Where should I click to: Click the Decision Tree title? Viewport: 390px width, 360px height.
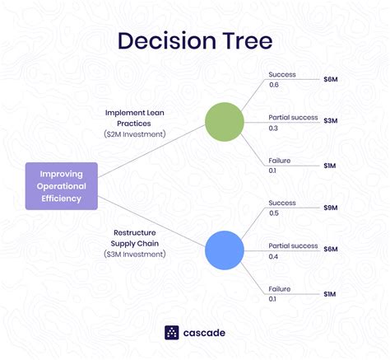194,41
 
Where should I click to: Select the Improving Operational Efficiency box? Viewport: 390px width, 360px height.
62,185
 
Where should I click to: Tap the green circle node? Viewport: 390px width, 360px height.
225,121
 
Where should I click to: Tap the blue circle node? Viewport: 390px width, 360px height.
225,250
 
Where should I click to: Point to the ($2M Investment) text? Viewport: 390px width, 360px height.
136,133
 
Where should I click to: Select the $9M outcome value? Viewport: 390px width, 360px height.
329,208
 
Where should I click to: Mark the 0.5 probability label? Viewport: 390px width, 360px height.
275,214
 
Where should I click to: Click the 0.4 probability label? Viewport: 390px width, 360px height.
275,256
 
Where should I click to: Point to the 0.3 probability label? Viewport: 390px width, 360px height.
275,128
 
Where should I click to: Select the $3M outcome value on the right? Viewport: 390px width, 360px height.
329,121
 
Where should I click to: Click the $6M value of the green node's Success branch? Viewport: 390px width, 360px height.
329,81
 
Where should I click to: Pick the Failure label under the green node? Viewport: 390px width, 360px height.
281,160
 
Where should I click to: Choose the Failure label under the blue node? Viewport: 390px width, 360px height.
281,288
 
